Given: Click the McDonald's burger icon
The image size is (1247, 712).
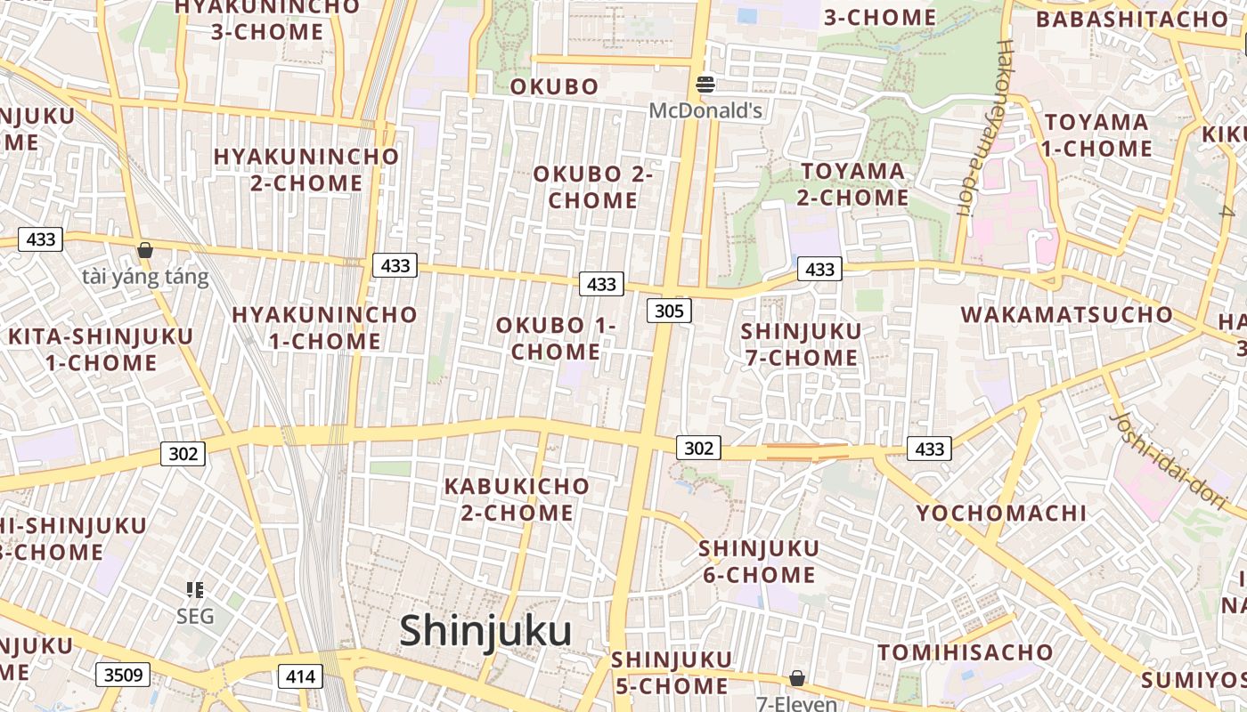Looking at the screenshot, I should pyautogui.click(x=705, y=85).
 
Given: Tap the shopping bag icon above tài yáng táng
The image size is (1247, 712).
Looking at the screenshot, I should pyautogui.click(x=144, y=250).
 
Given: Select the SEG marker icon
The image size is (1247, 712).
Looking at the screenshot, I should pyautogui.click(x=195, y=589).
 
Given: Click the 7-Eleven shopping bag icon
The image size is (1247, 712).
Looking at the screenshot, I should pyautogui.click(x=797, y=678).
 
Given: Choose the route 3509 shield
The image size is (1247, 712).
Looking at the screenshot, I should pyautogui.click(x=123, y=675).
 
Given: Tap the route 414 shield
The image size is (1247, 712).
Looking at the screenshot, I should pyautogui.click(x=300, y=676).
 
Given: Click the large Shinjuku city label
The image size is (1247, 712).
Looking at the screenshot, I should pyautogui.click(x=485, y=631).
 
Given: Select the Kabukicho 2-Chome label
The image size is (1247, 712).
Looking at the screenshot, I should pyautogui.click(x=517, y=499).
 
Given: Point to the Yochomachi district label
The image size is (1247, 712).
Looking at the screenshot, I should pyautogui.click(x=1001, y=514).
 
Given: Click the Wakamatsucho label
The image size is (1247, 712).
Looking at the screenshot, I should pyautogui.click(x=1067, y=315).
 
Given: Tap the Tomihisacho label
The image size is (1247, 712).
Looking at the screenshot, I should pyautogui.click(x=966, y=652).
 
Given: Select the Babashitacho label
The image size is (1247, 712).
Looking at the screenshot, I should pyautogui.click(x=1131, y=20).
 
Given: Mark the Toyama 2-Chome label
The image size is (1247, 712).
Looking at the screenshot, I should pyautogui.click(x=852, y=184).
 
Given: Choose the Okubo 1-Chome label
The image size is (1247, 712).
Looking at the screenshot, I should pyautogui.click(x=556, y=338).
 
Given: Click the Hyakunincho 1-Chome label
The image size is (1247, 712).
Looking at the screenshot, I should pyautogui.click(x=324, y=328).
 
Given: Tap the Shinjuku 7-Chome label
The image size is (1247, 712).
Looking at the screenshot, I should pyautogui.click(x=801, y=344).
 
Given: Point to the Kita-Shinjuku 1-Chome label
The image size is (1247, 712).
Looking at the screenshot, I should pyautogui.click(x=101, y=350).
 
